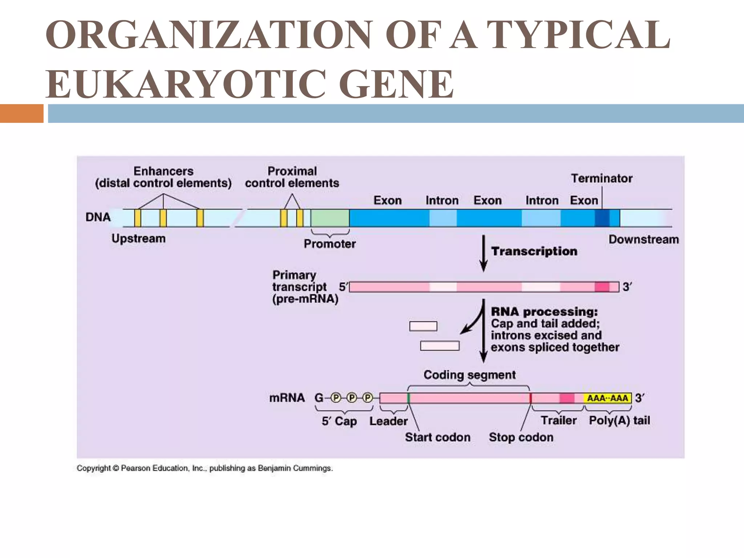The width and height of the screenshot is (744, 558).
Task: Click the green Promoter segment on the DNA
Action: click(330, 218)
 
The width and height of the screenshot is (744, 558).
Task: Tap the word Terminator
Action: click(602, 178)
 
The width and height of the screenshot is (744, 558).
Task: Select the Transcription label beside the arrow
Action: click(534, 251)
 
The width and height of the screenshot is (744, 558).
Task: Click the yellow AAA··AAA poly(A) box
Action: click(607, 398)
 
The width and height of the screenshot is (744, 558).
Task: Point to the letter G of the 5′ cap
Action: click(319, 398)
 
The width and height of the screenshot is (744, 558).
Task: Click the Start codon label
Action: click(437, 437)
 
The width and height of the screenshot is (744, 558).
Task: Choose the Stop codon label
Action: click(521, 437)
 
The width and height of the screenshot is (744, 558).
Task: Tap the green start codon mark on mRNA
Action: click(409, 398)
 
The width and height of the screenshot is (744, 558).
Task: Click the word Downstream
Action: click(643, 239)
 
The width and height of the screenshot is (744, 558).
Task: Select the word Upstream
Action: click(138, 238)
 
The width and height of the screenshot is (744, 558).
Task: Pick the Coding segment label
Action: click(469, 375)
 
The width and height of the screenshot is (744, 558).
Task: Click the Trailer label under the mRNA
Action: click(558, 420)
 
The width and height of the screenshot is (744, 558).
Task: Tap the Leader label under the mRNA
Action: click(388, 421)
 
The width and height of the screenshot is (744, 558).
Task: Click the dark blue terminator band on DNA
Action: click(602, 218)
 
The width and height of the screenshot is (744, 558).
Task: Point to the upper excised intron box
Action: click(423, 326)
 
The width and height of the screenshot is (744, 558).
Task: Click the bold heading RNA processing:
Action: click(544, 312)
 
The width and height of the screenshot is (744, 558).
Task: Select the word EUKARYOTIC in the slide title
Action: click(185, 84)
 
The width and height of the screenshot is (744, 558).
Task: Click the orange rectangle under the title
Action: click(21, 113)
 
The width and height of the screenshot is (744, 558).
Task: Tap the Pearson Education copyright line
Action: click(205, 468)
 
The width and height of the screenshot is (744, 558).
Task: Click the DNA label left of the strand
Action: click(98, 217)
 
